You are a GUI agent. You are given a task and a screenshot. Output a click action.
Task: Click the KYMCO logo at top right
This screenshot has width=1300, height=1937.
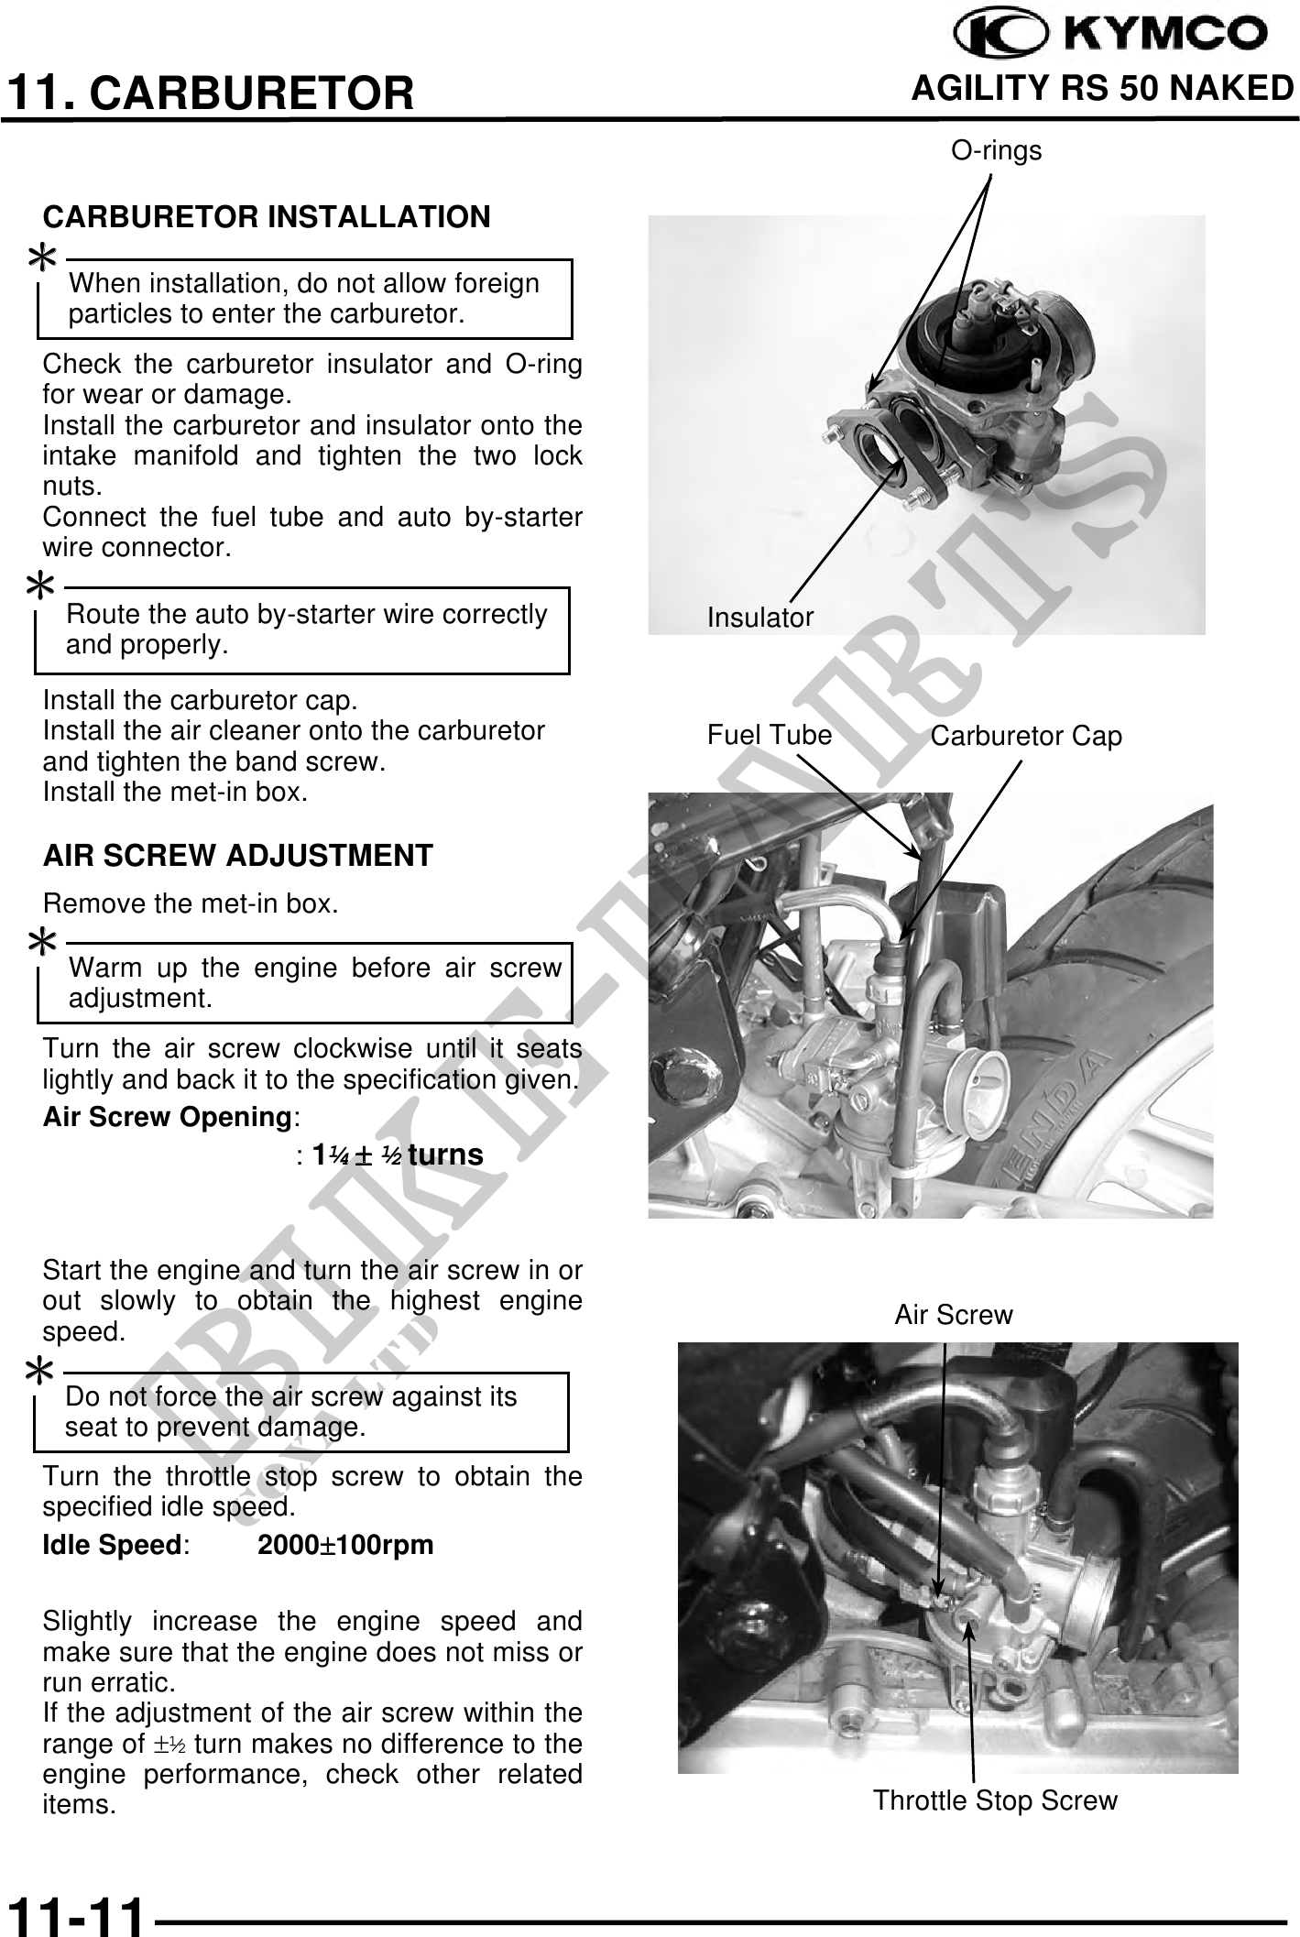pos(1111,35)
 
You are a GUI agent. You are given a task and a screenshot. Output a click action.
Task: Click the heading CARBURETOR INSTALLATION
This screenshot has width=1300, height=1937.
pos(267,217)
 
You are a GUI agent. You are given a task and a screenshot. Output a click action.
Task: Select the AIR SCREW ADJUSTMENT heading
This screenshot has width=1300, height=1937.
pos(237,856)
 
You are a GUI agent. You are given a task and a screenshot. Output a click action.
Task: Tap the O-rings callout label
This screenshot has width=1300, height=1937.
pos(996,150)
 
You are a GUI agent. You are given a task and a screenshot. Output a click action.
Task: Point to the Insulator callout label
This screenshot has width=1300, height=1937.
pos(759,618)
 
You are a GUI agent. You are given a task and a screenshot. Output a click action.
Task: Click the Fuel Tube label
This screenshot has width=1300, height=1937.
pos(769,735)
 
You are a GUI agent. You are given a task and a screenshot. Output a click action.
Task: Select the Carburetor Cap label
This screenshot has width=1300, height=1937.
pos(1025,736)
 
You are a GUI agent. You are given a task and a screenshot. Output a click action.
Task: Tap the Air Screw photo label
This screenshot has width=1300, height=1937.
pos(953,1315)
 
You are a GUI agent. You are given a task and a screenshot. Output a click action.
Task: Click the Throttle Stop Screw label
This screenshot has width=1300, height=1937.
pos(995,1800)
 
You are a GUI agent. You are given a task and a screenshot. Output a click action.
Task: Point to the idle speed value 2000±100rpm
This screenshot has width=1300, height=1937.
pos(345,1546)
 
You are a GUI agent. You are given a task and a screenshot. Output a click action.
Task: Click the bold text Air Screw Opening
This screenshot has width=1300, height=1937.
pos(168,1118)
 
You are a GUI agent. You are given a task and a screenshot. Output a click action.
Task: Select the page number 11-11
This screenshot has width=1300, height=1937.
pos(76,1913)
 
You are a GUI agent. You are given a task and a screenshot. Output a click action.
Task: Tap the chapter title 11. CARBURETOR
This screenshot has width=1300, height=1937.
pos(210,93)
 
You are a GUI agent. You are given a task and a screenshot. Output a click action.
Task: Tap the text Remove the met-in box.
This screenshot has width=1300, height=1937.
pos(191,904)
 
